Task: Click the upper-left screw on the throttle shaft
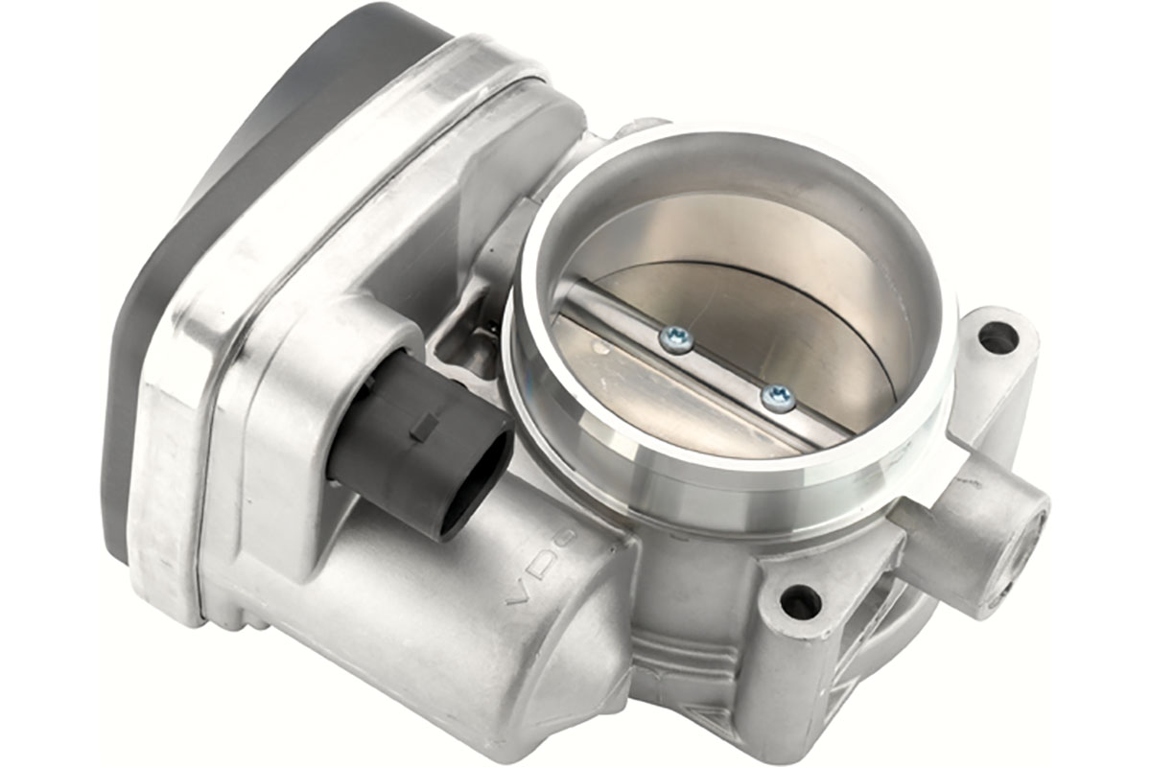[676, 337]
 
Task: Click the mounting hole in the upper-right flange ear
[998, 337]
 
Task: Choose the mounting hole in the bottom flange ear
[800, 602]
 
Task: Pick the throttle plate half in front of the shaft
[662, 403]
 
